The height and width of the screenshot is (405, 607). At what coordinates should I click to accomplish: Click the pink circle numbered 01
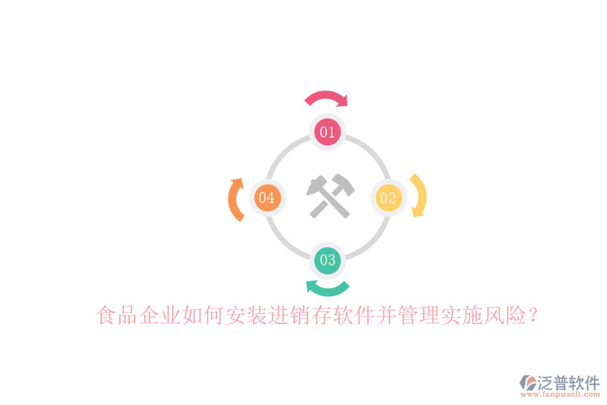point(327,132)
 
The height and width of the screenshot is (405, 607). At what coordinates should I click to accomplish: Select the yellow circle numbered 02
point(388,198)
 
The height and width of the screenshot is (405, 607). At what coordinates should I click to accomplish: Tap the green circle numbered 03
point(328,261)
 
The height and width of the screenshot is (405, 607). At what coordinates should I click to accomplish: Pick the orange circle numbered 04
point(267,198)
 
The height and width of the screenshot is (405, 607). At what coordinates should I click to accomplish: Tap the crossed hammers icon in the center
point(330,196)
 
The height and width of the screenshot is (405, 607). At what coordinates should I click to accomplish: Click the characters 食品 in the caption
point(117,315)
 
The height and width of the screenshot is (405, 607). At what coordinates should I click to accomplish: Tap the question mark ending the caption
point(533,315)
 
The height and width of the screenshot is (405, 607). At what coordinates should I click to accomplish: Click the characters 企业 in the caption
point(160,315)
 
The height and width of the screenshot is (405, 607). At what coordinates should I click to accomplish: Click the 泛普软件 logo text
point(569,383)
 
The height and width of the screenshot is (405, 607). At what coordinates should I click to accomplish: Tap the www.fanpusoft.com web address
point(560,394)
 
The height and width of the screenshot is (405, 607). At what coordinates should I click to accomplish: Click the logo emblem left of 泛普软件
point(527,383)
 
